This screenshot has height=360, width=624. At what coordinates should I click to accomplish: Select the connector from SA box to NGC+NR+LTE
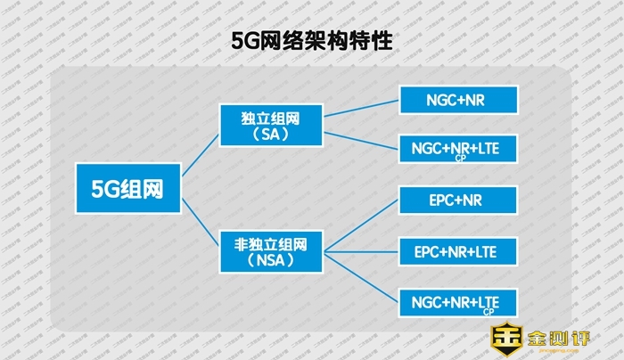tap(361, 139)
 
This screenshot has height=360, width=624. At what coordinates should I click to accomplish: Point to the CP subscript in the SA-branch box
tap(459, 159)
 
